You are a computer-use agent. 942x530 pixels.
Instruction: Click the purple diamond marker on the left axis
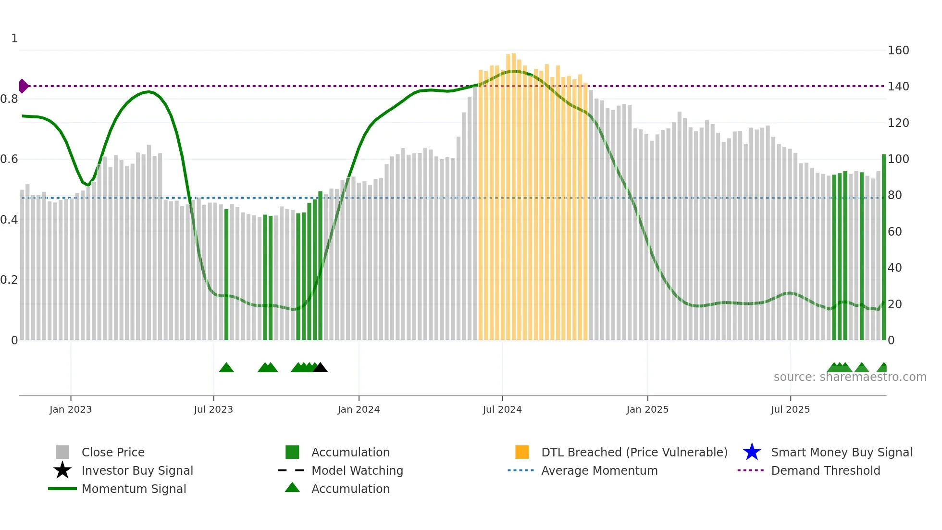click(23, 86)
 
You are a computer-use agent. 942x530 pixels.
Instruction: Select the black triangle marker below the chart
click(320, 368)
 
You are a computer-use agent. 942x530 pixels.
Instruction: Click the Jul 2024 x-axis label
click(502, 409)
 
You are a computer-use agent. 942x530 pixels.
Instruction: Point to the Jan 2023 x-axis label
click(71, 409)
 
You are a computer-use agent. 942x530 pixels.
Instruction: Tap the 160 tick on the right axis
click(898, 50)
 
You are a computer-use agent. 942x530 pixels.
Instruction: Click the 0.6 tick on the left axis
click(10, 159)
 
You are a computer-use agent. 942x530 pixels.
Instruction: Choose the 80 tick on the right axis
click(894, 195)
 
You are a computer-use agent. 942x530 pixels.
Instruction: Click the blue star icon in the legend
click(752, 452)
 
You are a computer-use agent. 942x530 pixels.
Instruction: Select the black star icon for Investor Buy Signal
click(62, 470)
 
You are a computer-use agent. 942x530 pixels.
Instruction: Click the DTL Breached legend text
click(634, 452)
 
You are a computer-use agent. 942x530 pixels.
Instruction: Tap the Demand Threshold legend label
click(825, 470)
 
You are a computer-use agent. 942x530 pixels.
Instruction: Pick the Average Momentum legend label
click(599, 470)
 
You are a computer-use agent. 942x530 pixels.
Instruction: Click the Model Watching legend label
click(357, 470)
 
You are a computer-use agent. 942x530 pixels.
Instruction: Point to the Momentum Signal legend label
click(134, 489)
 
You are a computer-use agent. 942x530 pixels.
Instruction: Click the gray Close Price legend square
click(62, 452)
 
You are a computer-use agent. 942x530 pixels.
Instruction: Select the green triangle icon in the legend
click(292, 488)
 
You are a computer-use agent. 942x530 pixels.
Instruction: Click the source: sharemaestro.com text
click(850, 377)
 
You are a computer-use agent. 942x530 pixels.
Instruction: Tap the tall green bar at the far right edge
click(883, 248)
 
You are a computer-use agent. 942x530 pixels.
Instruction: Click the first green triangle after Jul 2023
click(226, 368)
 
